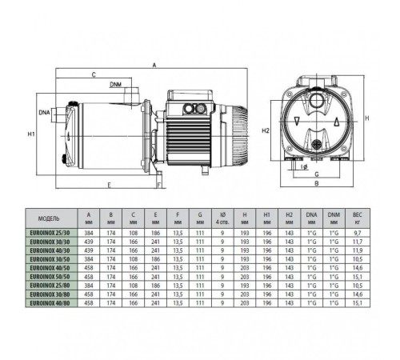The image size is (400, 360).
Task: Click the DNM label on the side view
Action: (117, 84)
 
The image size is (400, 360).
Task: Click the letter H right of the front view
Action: (367, 118)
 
